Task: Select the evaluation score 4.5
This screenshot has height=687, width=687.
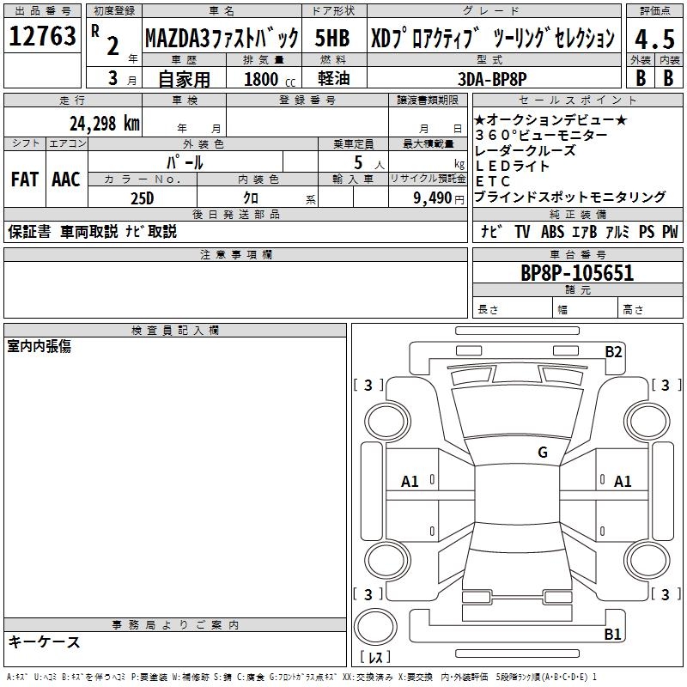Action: point(653,40)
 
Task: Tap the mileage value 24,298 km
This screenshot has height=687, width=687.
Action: point(104,123)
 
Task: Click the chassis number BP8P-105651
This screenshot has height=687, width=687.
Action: point(577,273)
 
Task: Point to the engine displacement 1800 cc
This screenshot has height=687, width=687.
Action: point(268,79)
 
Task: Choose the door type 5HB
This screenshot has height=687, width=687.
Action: point(332,39)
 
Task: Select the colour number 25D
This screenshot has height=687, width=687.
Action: point(142,198)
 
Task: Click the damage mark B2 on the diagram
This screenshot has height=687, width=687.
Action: point(613,351)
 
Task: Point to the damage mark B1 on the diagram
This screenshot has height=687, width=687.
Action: point(613,635)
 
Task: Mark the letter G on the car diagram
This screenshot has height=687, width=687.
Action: point(543,453)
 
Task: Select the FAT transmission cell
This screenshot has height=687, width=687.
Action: point(24,179)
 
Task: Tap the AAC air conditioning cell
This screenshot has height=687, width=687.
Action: point(66,179)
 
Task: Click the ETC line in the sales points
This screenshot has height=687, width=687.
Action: point(493,181)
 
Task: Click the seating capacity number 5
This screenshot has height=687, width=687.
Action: point(356,161)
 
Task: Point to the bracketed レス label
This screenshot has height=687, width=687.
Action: point(376,658)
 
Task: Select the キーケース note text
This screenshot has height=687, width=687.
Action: point(45,642)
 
